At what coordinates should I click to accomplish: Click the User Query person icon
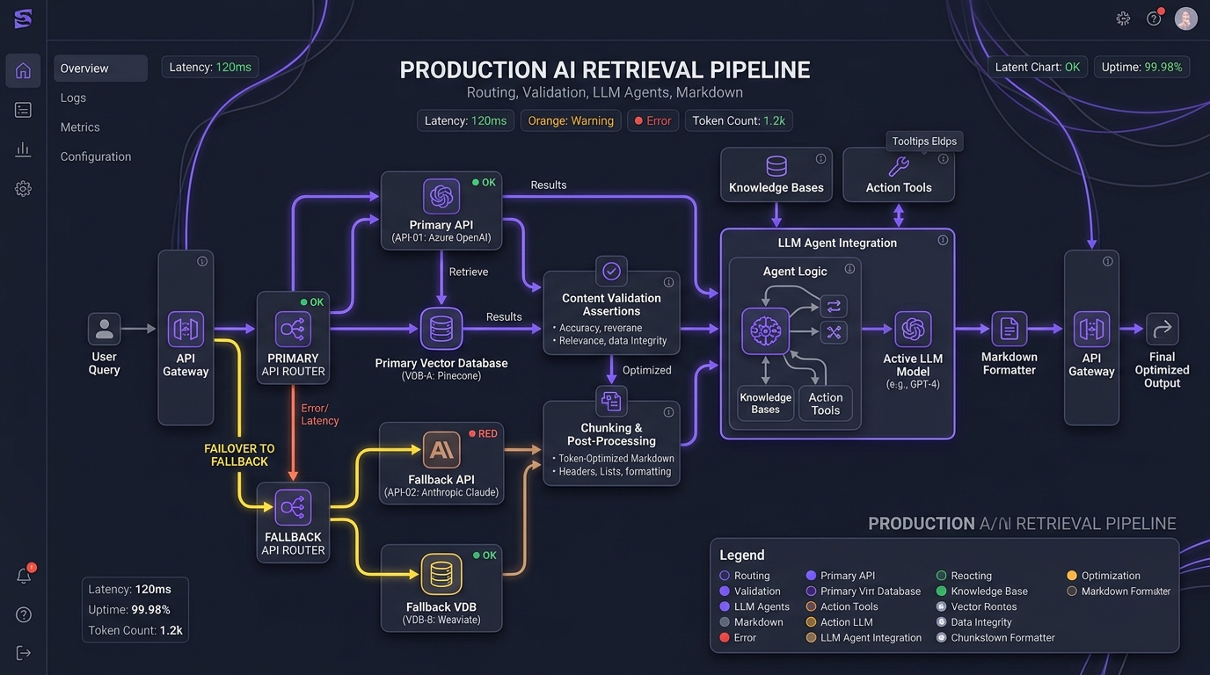[x=104, y=329]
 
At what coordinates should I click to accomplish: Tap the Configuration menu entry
[x=96, y=156]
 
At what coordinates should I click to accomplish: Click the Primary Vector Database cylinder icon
[x=441, y=329]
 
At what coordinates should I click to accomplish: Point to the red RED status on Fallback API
[x=483, y=433]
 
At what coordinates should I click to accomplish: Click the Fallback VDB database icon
[x=441, y=574]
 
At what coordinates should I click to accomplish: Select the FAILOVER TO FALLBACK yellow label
[x=239, y=455]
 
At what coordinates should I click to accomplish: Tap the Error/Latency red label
[x=320, y=414]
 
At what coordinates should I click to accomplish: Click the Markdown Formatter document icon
[x=1009, y=329]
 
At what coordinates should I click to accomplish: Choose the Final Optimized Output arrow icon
[x=1162, y=329]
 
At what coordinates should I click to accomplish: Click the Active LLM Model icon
[x=913, y=329]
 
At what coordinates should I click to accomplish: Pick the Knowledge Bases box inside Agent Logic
[x=765, y=403]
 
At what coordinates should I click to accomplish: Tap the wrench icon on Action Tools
[x=899, y=166]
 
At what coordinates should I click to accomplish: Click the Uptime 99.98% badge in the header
[x=1142, y=68]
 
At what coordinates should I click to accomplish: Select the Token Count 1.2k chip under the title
[x=739, y=120]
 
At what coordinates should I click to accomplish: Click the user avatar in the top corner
[x=1185, y=19]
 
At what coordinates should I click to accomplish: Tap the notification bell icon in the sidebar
[x=24, y=576]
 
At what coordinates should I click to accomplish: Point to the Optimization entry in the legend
[x=1104, y=576]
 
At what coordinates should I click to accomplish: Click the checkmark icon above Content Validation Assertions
[x=611, y=271]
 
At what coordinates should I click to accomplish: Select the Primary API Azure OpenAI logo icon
[x=441, y=196]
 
